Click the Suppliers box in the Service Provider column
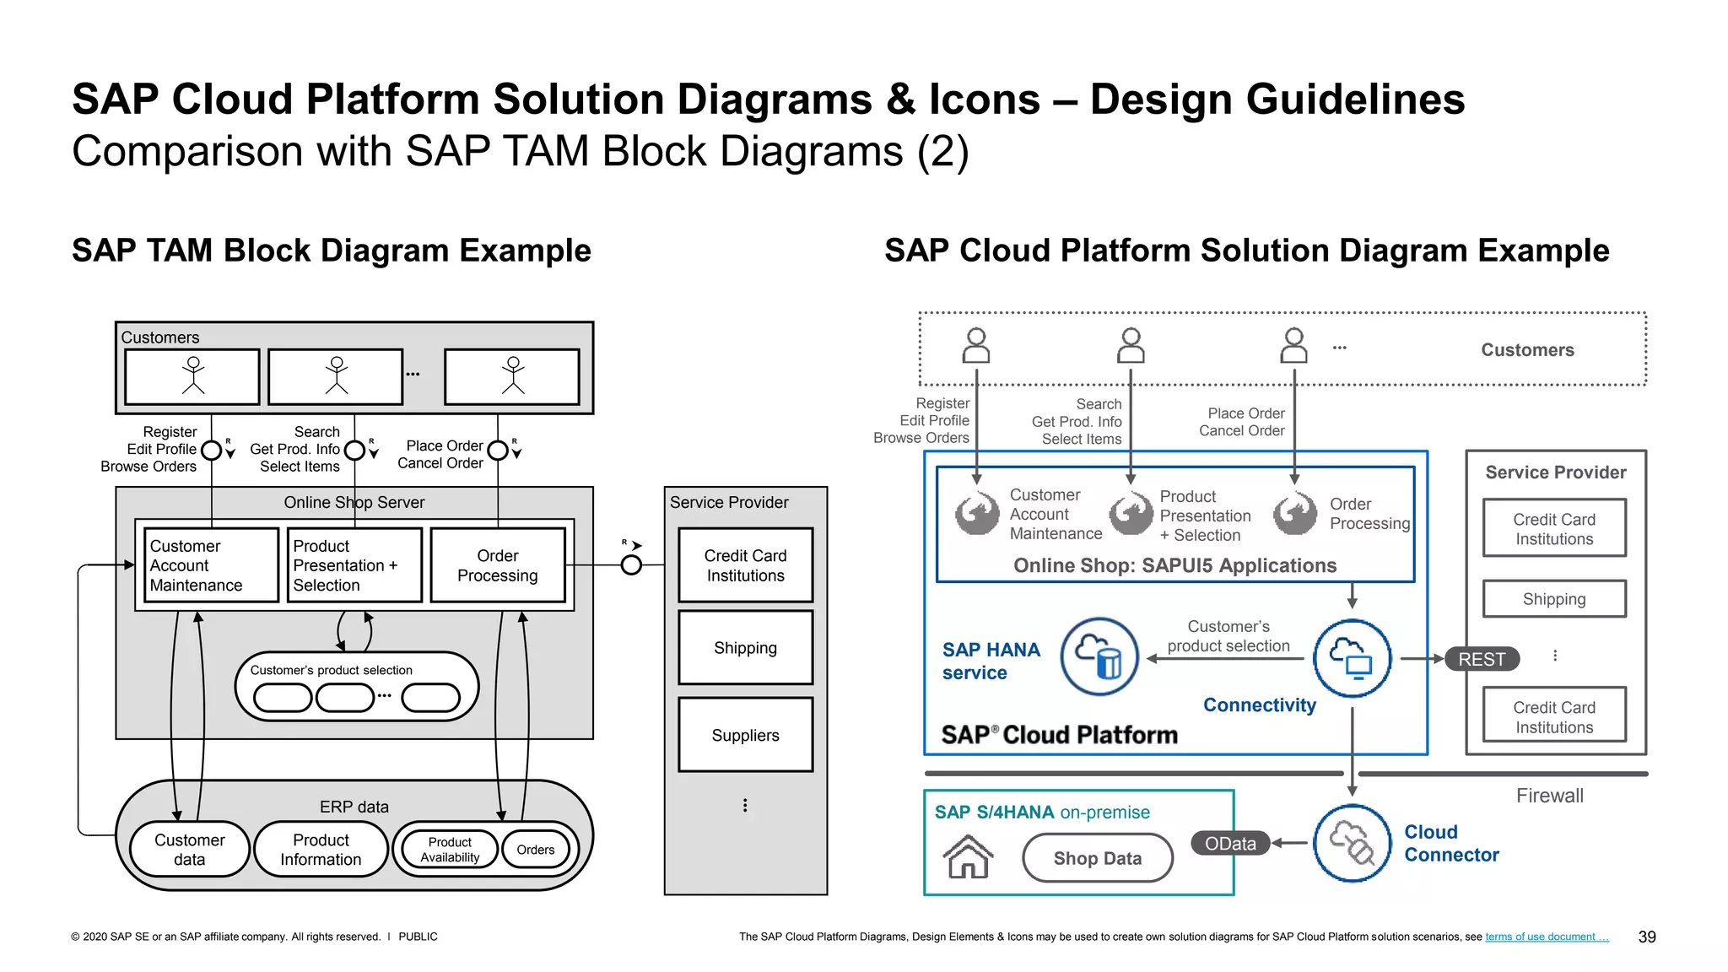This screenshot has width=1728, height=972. (745, 735)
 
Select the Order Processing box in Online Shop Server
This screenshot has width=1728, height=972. (497, 565)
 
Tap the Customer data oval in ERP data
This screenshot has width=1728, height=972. (189, 850)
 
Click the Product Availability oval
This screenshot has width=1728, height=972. (450, 850)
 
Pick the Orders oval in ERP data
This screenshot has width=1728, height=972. (536, 850)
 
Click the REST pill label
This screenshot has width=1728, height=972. (1482, 659)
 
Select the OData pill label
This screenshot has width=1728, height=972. (1230, 843)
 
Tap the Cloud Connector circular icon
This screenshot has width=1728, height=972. (1352, 843)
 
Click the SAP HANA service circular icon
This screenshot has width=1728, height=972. (1099, 656)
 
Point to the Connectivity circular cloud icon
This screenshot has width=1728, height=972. (1352, 658)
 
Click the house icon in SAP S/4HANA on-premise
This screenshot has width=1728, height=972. (968, 856)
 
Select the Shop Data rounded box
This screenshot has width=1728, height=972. (1097, 858)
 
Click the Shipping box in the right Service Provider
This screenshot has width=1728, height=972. (1554, 599)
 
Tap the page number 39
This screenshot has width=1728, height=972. (1646, 937)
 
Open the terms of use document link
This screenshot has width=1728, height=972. (1546, 937)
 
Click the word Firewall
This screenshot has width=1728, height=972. (1549, 796)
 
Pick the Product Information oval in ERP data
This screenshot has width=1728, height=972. (321, 850)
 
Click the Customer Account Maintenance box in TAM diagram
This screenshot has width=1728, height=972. (211, 565)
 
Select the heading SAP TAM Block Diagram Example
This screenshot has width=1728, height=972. (331, 251)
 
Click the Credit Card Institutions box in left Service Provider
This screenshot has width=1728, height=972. (745, 565)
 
